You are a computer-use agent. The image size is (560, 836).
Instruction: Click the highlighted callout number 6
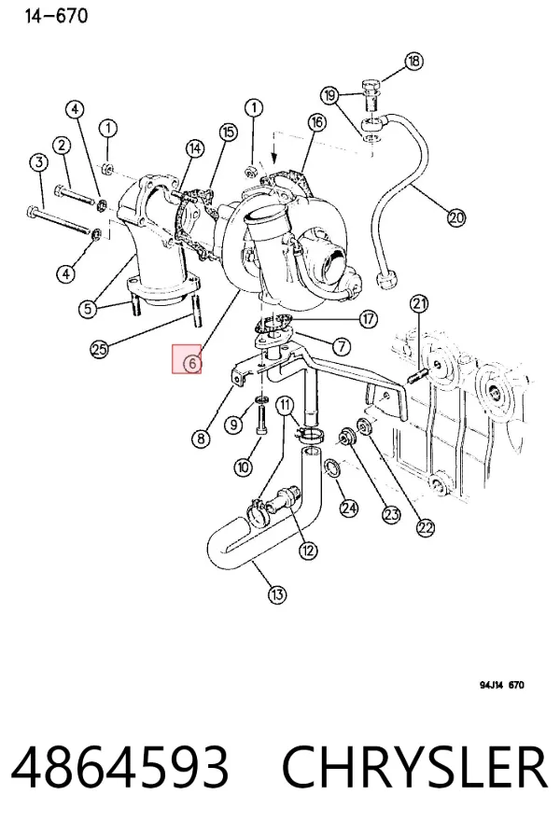(192, 364)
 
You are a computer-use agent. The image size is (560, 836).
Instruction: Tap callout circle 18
(413, 61)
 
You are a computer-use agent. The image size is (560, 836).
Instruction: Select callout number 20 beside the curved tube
(456, 217)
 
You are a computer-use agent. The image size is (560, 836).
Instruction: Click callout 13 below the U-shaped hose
(276, 594)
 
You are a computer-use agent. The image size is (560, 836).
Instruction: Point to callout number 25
(99, 349)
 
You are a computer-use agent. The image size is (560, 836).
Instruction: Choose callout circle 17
(368, 319)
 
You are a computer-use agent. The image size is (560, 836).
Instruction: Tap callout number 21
(419, 304)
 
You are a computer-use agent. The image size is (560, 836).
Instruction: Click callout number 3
(38, 162)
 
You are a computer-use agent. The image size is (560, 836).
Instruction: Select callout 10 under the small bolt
(243, 467)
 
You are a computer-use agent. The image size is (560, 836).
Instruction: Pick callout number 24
(349, 508)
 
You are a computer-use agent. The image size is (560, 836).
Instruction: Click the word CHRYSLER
(415, 767)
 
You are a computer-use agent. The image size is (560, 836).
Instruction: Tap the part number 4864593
(120, 767)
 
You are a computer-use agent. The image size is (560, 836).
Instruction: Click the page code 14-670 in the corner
(56, 16)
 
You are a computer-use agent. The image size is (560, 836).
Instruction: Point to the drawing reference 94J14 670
(502, 685)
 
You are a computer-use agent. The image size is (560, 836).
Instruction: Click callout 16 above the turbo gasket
(316, 122)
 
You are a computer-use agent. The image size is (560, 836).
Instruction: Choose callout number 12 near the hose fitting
(308, 550)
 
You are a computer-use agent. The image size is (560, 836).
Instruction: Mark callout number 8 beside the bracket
(201, 439)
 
